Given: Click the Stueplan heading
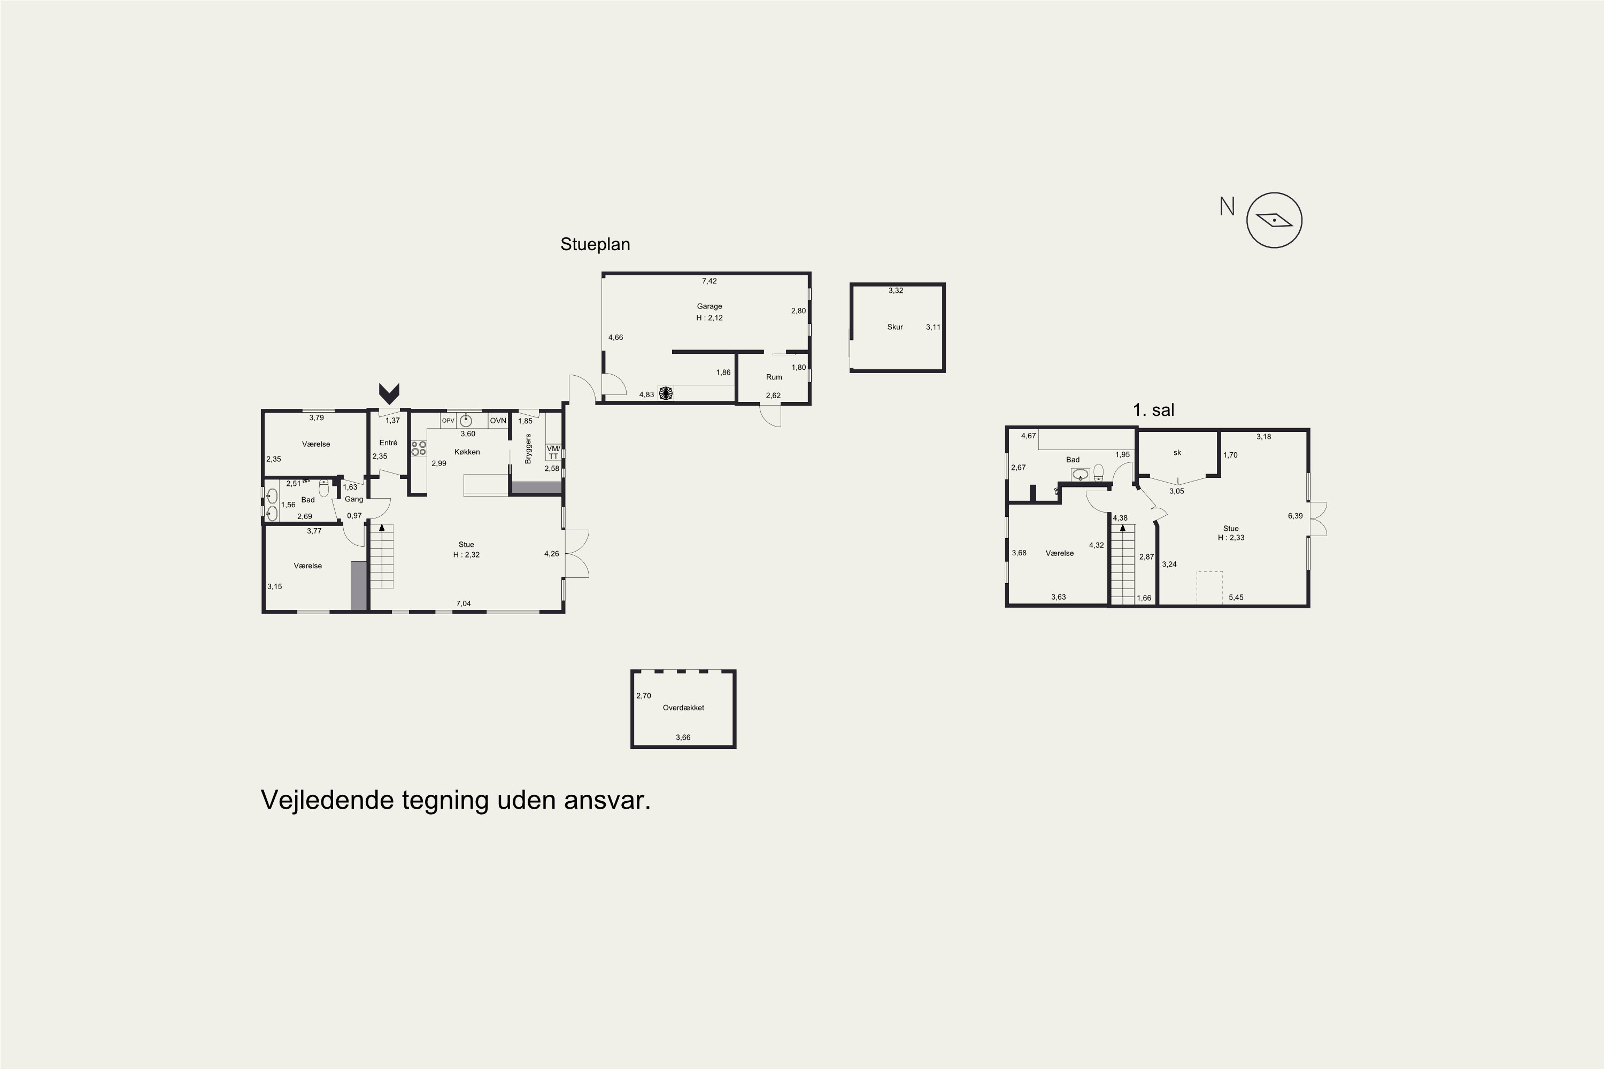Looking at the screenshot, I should click(x=595, y=244).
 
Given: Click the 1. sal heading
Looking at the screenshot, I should click(x=1153, y=410).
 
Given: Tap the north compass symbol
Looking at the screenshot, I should click(x=1274, y=220).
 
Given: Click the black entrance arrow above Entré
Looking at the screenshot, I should click(x=389, y=393).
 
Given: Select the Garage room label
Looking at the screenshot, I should click(x=710, y=306).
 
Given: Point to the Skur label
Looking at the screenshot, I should click(x=894, y=327).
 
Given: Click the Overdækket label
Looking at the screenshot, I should click(x=683, y=708).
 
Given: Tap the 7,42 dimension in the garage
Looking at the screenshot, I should click(x=710, y=281).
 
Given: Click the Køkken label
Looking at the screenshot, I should click(x=467, y=452).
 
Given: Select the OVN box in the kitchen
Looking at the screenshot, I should click(x=498, y=421).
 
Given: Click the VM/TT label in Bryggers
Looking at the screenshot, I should click(x=553, y=452).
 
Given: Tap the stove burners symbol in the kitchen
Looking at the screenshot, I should click(x=419, y=448).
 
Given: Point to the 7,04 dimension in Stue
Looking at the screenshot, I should click(x=463, y=603).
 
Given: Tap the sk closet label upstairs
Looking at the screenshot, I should click(x=1177, y=453).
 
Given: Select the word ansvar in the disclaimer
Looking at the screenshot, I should click(x=607, y=800).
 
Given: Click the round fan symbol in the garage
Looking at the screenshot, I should click(x=666, y=393).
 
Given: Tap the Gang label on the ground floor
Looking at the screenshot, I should click(x=353, y=499).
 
